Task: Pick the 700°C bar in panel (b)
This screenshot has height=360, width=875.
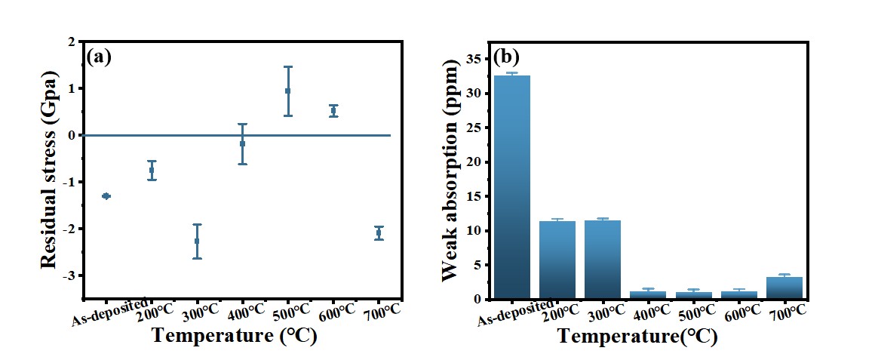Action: click(x=784, y=288)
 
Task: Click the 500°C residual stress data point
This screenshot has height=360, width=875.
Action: click(x=287, y=91)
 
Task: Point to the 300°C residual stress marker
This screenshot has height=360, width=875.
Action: click(x=197, y=241)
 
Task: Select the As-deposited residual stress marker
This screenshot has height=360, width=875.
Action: click(x=106, y=196)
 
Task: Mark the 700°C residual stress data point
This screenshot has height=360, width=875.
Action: click(x=379, y=233)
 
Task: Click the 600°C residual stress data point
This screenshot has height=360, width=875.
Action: click(x=333, y=111)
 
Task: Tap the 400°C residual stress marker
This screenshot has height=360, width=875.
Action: click(x=242, y=143)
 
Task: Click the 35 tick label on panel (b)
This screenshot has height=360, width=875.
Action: click(x=474, y=59)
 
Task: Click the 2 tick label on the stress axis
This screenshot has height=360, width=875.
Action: click(x=72, y=42)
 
